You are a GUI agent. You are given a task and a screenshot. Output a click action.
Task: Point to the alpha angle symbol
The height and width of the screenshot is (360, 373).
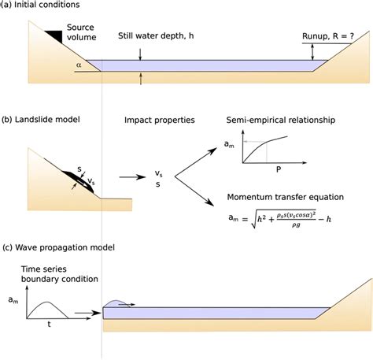[79, 66]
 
